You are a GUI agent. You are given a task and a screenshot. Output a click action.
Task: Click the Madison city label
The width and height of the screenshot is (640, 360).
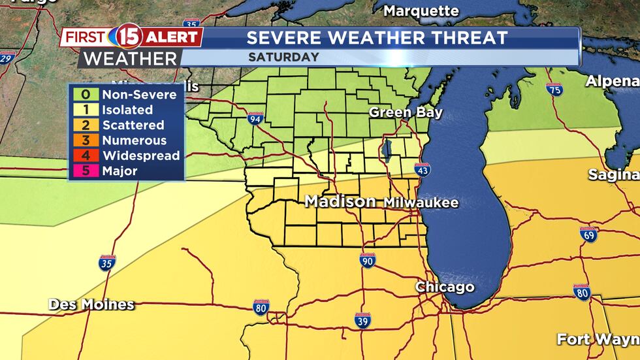click(340, 202)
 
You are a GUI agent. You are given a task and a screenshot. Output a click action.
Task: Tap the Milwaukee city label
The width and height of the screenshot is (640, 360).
click(421, 203)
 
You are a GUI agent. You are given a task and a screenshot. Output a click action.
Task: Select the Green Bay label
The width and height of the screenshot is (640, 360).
click(406, 112)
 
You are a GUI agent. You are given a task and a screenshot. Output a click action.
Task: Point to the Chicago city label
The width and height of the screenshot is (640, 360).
click(445, 287)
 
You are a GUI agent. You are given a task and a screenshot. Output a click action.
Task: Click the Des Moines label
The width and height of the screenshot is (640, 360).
click(91, 304)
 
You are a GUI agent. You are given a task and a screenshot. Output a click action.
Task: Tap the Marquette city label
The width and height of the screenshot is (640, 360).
click(421, 10)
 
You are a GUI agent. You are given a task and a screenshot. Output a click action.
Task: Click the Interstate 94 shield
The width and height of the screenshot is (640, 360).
click(255, 118)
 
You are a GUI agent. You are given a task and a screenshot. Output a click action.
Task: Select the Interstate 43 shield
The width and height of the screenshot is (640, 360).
click(422, 170)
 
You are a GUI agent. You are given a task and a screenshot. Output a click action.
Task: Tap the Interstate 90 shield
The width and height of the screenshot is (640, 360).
click(368, 260)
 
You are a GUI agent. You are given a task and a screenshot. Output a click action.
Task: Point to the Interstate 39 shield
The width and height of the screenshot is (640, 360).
click(363, 320)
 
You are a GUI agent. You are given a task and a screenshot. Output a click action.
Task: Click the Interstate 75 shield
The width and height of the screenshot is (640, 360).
click(554, 90)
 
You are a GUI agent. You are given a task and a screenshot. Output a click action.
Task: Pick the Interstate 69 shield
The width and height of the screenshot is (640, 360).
click(589, 235)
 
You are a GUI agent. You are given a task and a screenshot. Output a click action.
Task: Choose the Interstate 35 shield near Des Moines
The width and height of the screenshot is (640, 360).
click(108, 263)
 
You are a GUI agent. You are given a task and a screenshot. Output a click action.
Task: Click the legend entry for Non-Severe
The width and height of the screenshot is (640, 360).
click(138, 95)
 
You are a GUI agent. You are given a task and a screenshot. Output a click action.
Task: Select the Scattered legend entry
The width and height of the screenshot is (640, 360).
click(133, 125)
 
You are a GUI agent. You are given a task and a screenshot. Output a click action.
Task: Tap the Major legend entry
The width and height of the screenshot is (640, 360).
click(120, 171)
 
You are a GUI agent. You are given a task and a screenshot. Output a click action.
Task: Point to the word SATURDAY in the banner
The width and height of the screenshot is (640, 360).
click(283, 57)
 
